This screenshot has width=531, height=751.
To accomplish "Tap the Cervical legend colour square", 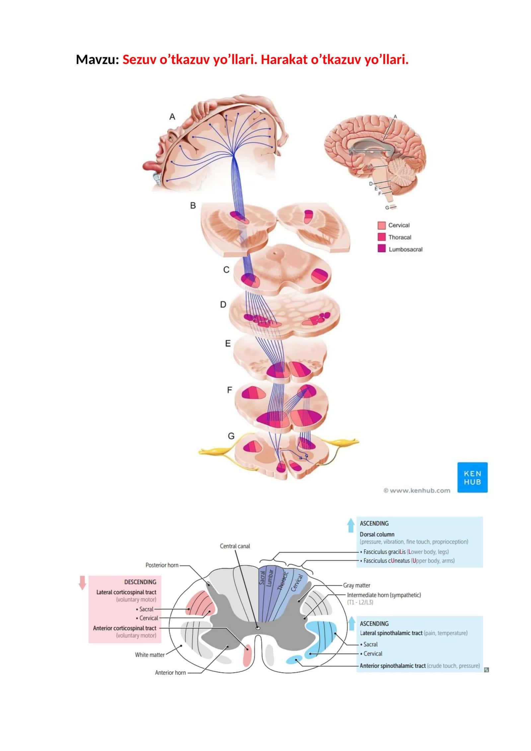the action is (381, 225).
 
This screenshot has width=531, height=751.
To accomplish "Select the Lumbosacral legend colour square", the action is (381, 248).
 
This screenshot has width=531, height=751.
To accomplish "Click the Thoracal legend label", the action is (400, 237).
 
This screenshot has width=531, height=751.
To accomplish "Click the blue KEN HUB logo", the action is (472, 477).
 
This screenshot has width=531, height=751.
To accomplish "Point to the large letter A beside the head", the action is (172, 117).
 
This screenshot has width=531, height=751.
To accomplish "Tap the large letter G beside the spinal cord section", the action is (231, 436).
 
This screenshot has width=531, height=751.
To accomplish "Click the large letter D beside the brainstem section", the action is (223, 304).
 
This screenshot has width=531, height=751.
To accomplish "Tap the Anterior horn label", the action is (170, 673).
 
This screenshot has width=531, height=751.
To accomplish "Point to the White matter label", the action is (150, 655).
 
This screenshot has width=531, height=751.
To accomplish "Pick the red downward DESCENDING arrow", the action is (82, 583).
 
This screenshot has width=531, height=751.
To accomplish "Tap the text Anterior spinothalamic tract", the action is (393, 666).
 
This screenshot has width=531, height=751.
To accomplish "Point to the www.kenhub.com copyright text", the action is (417, 490).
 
